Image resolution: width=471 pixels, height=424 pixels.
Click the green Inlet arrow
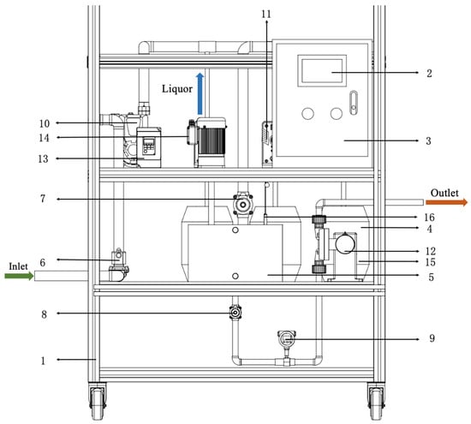click(19, 276)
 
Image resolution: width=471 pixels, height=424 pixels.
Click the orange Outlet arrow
click(447, 202)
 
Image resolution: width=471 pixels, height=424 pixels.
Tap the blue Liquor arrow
click(200, 93)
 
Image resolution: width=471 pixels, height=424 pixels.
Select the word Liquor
click(177, 88)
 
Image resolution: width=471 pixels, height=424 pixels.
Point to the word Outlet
click(444, 193)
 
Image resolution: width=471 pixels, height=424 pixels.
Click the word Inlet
click(18, 266)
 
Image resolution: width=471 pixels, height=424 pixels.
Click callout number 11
click(266, 14)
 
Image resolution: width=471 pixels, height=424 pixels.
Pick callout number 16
click(429, 217)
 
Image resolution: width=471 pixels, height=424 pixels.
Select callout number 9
click(432, 338)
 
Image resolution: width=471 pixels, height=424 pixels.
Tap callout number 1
click(43, 361)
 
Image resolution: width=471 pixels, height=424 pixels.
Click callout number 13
click(43, 158)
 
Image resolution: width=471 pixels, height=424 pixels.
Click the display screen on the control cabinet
click(322, 71)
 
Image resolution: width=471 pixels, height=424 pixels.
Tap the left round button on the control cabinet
click(307, 114)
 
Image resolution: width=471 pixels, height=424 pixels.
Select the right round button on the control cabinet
click(337, 114)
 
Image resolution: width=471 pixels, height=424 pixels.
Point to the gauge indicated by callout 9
click(287, 339)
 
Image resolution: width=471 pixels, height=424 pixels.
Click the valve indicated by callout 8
click(235, 313)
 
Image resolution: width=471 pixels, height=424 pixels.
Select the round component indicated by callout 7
click(242, 205)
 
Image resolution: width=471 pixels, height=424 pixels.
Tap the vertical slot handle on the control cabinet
click(354, 103)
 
